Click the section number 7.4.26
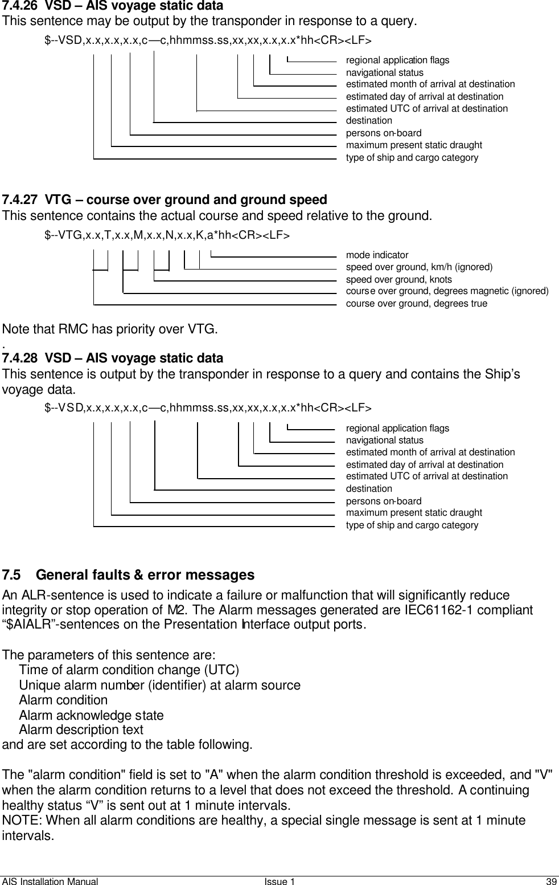pos(20,6)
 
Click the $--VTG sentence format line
pos(167,235)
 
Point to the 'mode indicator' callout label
pos(377,255)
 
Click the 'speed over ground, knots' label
pos(398,279)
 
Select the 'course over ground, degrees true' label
pos(416,303)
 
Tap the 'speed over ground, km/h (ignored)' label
pos(419,267)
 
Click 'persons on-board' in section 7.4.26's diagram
pos(384,133)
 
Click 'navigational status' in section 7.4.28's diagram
pos(385,440)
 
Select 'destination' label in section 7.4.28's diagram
pos(369,488)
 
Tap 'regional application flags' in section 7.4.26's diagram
pos(397,60)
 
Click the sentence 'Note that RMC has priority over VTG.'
pos(110,329)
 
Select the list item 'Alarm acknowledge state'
pos(91,715)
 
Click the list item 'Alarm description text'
pos(81,730)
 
